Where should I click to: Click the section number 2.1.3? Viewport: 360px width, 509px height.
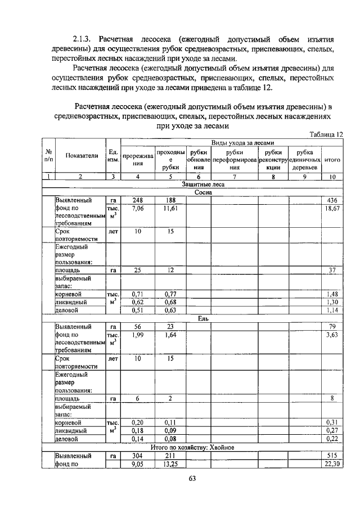pyautogui.click(x=82, y=39)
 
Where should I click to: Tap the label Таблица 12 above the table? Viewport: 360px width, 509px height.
pyautogui.click(x=326, y=134)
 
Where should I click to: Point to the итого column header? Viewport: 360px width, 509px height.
pyautogui.click(x=332, y=160)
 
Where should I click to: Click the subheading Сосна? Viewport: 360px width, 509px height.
pyautogui.click(x=203, y=192)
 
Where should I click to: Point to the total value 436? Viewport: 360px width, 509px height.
pyautogui.click(x=332, y=200)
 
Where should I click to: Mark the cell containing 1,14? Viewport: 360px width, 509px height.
pyautogui.click(x=332, y=310)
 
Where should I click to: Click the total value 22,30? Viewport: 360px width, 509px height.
pyautogui.click(x=331, y=463)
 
